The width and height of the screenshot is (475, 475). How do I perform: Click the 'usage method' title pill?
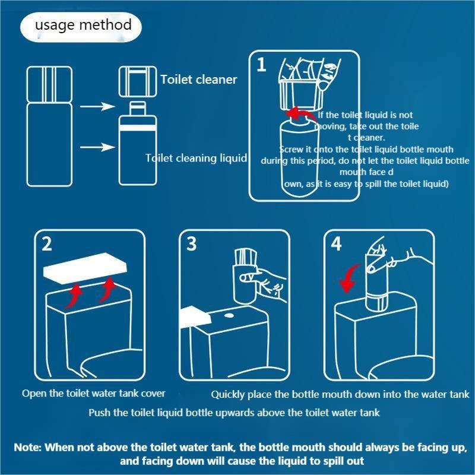click(81, 27)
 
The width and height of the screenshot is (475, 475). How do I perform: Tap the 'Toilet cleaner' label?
click(199, 80)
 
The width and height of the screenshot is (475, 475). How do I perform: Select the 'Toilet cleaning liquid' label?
click(196, 158)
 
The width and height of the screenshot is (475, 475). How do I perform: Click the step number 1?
click(261, 65)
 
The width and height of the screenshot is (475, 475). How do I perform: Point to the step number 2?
click(47, 244)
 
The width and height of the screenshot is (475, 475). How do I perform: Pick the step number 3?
click(191, 244)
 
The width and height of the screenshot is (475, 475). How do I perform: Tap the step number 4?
click(336, 244)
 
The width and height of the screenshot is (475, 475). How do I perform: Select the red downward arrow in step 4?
click(349, 278)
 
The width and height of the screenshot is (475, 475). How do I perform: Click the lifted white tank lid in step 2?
click(85, 268)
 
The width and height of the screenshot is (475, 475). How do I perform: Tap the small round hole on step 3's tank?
click(229, 316)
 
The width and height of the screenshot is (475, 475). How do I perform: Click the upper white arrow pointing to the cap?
click(97, 106)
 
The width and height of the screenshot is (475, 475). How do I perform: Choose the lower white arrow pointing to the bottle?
click(97, 147)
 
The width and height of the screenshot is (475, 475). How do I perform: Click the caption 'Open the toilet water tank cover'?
click(94, 394)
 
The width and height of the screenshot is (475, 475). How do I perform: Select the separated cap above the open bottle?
click(138, 81)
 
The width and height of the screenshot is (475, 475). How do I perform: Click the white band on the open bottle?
click(138, 127)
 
